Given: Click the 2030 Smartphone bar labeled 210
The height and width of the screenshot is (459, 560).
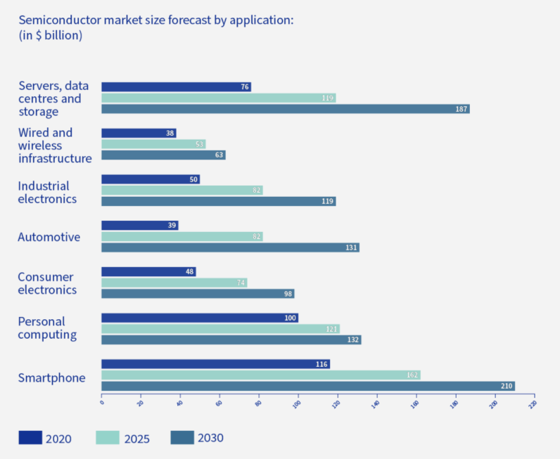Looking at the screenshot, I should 307,386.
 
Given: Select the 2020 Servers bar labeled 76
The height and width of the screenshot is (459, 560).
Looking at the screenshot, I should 176,87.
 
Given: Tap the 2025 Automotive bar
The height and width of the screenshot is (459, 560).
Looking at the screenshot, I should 182,237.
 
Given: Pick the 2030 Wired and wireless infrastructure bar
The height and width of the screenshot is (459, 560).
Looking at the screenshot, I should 163,155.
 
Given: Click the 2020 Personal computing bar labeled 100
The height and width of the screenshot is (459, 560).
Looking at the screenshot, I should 200,318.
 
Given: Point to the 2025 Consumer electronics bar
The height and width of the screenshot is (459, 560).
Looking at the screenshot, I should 174,283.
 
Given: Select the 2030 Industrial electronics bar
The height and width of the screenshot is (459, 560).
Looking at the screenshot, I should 218,201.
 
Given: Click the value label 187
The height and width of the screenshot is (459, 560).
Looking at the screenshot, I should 461,109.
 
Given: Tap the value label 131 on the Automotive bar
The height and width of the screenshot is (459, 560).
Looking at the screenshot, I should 351,247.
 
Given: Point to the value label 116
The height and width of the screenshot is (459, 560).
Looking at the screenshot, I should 322,364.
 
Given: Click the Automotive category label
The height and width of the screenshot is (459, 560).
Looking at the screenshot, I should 49,237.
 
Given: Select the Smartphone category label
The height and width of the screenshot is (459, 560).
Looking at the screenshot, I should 51,378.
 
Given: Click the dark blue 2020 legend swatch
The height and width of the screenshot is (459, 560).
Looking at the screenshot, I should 30,438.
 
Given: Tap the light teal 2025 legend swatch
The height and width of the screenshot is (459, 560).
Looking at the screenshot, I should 107,438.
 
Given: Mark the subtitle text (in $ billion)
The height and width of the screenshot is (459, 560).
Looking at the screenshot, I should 50,35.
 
